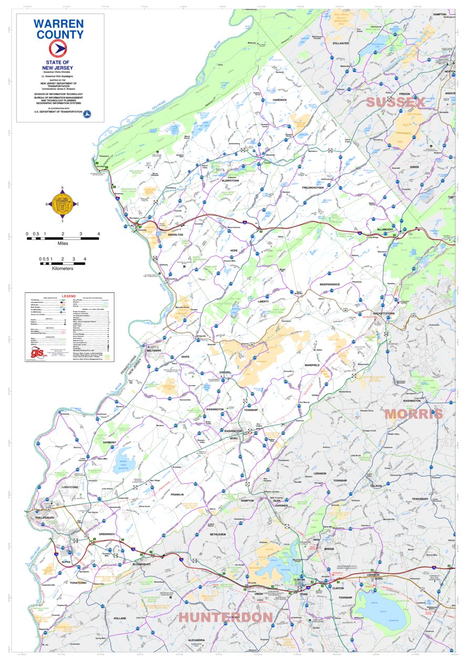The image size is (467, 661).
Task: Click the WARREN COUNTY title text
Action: coord(59,29)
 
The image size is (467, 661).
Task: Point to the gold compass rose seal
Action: coord(62,204)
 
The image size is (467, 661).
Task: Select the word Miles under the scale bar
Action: coord(63,243)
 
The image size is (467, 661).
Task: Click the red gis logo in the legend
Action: coord(37,354)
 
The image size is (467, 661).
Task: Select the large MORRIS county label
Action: coord(413,414)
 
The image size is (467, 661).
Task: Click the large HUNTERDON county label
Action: coord(226,617)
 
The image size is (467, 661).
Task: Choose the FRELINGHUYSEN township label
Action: coord(315,188)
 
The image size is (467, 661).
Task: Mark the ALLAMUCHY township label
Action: coord(388,230)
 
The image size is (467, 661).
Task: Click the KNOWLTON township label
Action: coord(175,235)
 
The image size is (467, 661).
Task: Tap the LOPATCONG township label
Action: coord(69,487)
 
